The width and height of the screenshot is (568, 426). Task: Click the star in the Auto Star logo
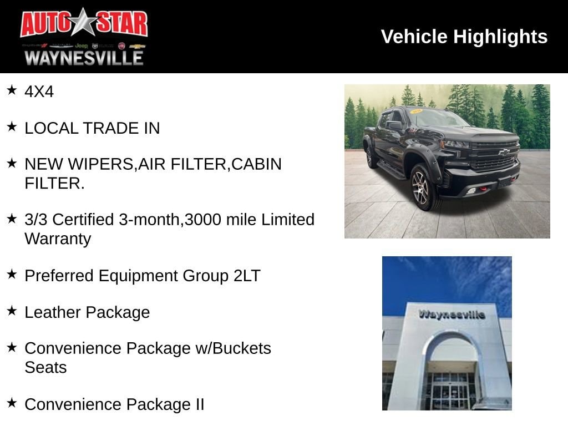(x=84, y=23)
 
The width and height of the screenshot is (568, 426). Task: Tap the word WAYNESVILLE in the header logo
(x=84, y=58)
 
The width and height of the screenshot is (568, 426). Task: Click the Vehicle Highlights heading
(x=464, y=37)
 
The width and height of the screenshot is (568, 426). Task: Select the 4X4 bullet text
(x=39, y=92)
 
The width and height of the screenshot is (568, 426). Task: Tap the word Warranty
(x=58, y=239)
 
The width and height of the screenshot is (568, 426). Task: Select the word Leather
(x=51, y=312)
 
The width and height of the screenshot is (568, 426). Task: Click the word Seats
(x=45, y=367)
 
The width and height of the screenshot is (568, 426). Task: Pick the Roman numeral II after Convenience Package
(x=199, y=404)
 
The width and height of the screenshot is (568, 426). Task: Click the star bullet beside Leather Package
(x=12, y=311)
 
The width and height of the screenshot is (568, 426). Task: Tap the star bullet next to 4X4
(x=12, y=90)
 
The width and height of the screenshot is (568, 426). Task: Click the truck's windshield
(x=436, y=118)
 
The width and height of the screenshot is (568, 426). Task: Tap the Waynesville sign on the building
(x=452, y=315)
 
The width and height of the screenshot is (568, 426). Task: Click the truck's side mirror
(x=395, y=125)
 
